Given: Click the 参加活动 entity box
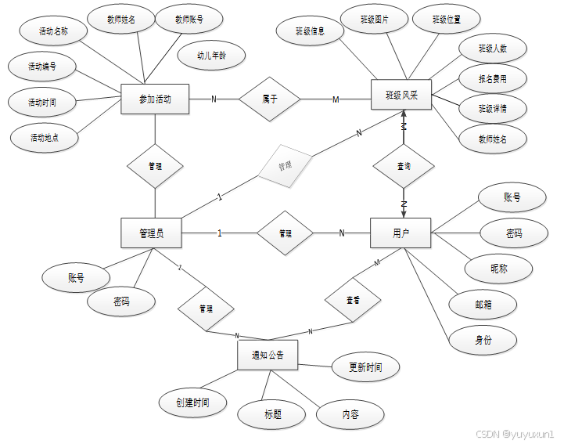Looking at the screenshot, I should [155, 99].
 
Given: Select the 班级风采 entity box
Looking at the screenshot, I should [402, 96].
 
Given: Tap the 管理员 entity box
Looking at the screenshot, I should [152, 233].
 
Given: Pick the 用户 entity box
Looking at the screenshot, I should [401, 233].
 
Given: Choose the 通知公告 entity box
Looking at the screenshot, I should [268, 356].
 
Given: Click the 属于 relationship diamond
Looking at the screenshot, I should [270, 99].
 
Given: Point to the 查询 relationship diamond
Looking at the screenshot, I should [404, 166].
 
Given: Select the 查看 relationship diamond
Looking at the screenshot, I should [353, 300].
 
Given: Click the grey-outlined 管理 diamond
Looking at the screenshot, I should [285, 166].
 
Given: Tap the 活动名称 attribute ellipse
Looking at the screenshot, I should [54, 32].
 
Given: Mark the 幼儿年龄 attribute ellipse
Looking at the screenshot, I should [211, 56].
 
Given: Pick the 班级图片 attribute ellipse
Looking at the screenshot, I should [374, 19].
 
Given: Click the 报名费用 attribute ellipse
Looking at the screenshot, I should [493, 78].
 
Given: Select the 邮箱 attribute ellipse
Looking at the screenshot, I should [483, 305].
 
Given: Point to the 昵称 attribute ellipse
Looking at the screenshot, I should [499, 268].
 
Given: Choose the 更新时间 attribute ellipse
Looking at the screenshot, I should [365, 366].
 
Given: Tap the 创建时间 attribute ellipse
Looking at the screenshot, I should [192, 402].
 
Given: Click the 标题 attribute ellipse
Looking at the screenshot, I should [272, 414].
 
